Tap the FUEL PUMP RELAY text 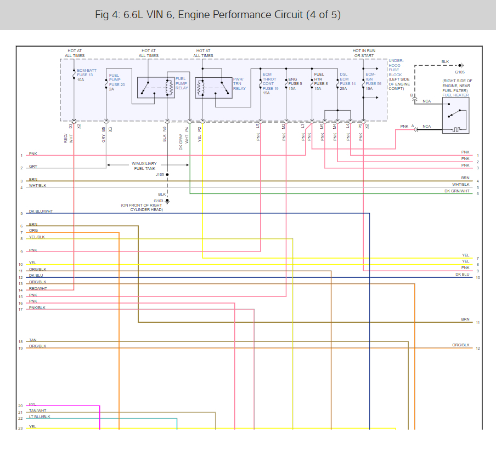tap(181, 83)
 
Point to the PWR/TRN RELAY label tap(239, 84)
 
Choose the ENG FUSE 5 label tap(295, 84)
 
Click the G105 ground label tap(460, 72)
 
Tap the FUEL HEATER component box tap(455, 115)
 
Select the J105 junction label tap(160, 174)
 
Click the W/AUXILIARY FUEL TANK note tap(143, 166)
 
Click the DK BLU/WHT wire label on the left tap(41, 212)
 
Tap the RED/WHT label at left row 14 tap(38, 288)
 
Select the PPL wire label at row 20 tap(32, 404)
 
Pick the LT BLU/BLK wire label tap(40, 417)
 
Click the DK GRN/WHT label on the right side tap(457, 191)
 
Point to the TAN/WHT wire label tap(38, 410)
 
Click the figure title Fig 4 tap(217, 15)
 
